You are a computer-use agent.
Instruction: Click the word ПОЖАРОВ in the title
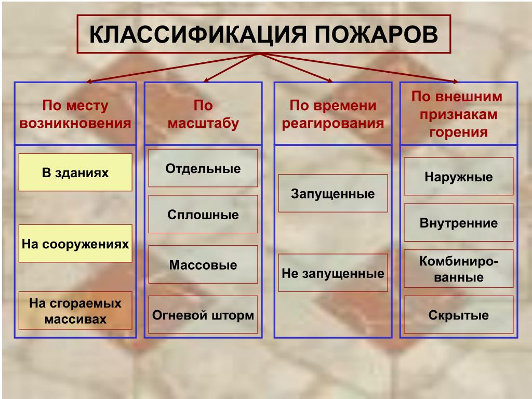[376, 34]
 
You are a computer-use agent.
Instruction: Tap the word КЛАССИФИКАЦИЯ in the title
[198, 34]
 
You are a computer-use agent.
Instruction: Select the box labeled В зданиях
[75, 172]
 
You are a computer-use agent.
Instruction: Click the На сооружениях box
[75, 243]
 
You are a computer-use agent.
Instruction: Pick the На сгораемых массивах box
[75, 311]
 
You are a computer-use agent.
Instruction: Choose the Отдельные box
[203, 168]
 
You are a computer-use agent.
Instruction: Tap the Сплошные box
[203, 214]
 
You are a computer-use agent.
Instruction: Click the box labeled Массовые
[203, 264]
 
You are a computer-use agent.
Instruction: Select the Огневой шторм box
[203, 314]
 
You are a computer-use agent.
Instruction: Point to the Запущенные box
[333, 193]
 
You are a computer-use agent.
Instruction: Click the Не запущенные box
[333, 273]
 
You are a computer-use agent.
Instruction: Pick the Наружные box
[459, 177]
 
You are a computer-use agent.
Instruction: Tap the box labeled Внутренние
[459, 222]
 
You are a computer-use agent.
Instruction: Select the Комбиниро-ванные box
[459, 269]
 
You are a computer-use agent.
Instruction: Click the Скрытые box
[459, 314]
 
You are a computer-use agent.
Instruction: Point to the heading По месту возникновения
[75, 114]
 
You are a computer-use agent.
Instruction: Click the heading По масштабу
[203, 114]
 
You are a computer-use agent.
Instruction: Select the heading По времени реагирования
[333, 114]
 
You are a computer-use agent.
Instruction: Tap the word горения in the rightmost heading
[459, 132]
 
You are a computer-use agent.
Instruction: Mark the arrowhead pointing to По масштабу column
[206, 81]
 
